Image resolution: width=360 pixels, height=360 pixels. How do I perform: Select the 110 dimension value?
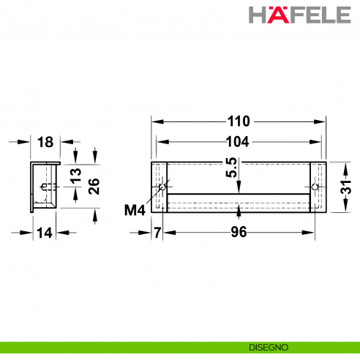[239, 121]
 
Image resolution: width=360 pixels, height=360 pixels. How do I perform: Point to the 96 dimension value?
[239, 233]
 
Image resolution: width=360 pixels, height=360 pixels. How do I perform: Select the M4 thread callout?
[135, 211]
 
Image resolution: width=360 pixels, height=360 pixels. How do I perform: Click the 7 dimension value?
[157, 233]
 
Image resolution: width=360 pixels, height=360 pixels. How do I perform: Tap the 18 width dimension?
[44, 141]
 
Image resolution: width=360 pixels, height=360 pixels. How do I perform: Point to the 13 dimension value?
[75, 176]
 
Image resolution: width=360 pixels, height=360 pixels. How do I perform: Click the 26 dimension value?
[94, 187]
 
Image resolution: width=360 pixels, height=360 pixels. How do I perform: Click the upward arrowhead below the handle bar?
[239, 214]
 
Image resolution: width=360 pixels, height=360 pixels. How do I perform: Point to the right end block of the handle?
[315, 187]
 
